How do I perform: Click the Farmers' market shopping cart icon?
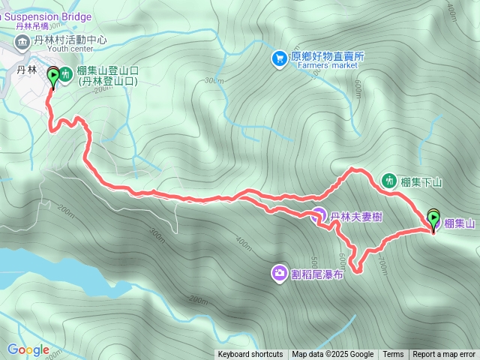pos(279,57)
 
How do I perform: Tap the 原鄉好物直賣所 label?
pos(328,56)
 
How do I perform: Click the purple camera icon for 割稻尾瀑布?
pos(279,272)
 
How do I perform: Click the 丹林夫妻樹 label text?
pos(357,216)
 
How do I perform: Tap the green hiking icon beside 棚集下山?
pos(388,180)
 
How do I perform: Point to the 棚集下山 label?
pos(421,181)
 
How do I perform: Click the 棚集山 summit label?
pos(460,223)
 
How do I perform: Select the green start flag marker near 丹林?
pos(53,76)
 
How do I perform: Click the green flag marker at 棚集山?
pos(433,218)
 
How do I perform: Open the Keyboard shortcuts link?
pos(250,355)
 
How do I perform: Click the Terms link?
pos(393,355)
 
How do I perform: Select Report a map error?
pos(444,355)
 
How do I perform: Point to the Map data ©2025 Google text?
pos(332,355)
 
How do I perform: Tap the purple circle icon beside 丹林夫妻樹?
pos(318,216)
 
